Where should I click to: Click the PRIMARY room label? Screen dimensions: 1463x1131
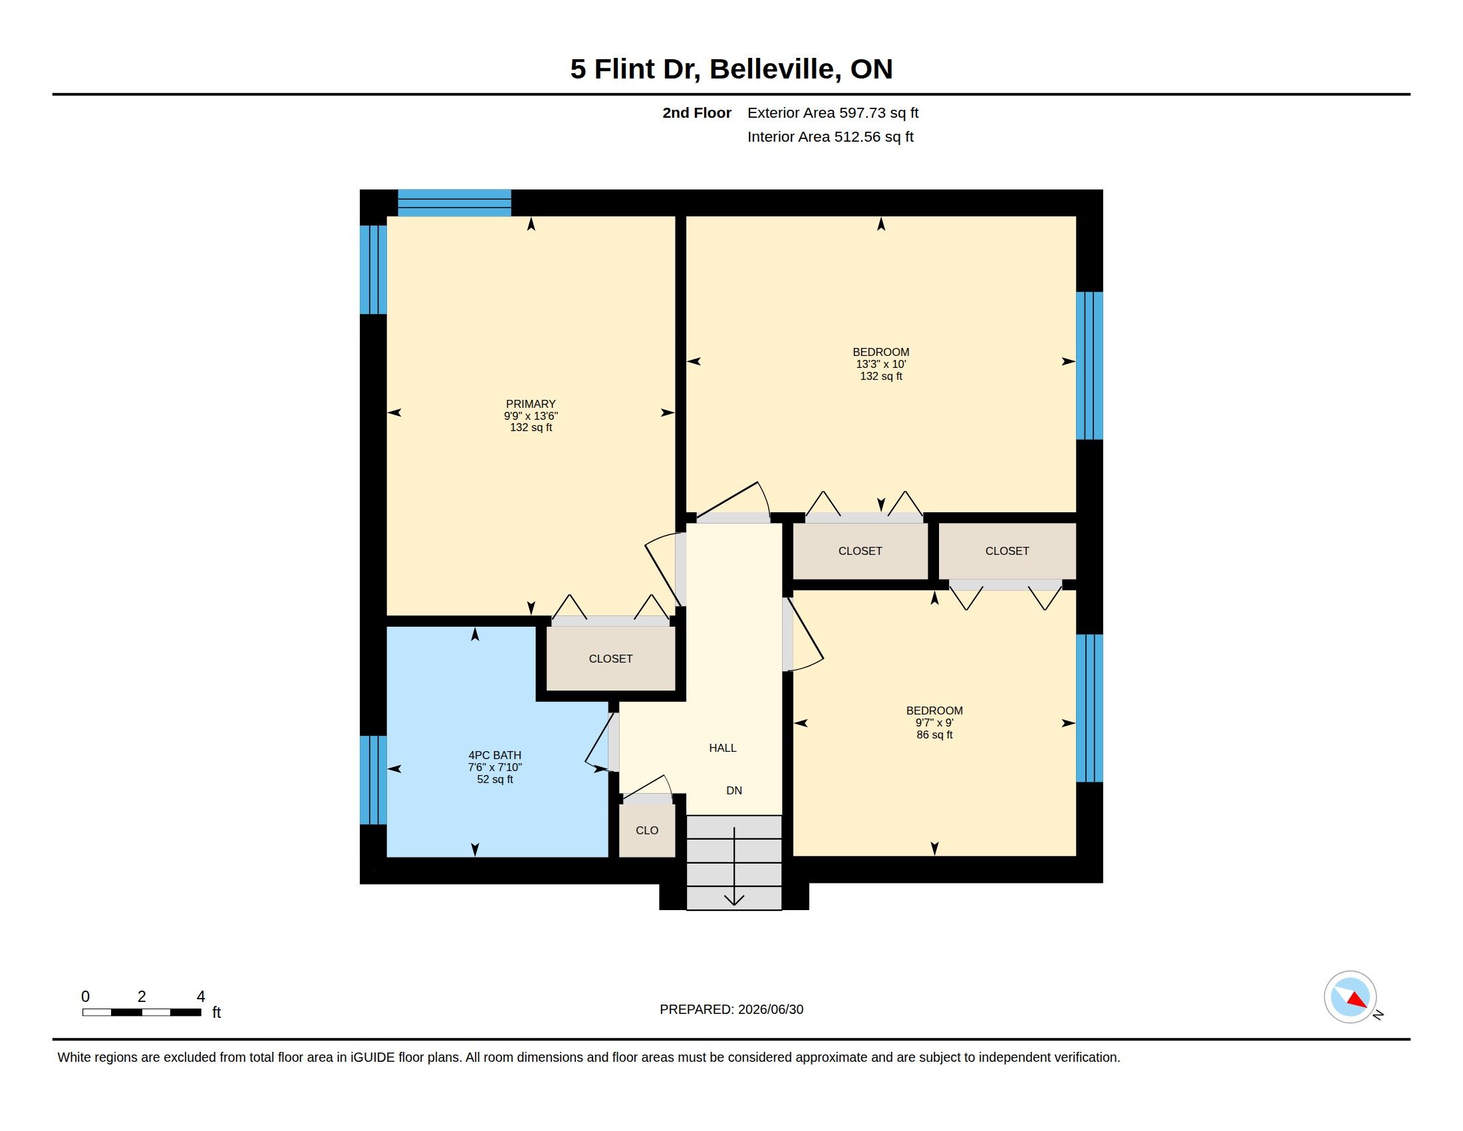[x=531, y=404]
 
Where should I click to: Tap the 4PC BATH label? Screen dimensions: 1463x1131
[x=494, y=755]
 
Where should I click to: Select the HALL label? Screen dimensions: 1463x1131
[x=723, y=748]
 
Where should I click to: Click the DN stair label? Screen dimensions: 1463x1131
[x=734, y=790]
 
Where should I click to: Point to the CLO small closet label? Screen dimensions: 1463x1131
[x=647, y=830]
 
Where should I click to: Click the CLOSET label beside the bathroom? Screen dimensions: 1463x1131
[x=610, y=659]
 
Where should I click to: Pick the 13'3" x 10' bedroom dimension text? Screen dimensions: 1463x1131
[x=881, y=365]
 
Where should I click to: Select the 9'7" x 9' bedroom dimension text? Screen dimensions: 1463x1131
[x=934, y=723]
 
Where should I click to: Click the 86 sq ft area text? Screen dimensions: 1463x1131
[x=934, y=735]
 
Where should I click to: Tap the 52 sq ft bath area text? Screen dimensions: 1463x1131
[x=495, y=779]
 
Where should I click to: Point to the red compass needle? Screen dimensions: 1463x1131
[x=1357, y=1001]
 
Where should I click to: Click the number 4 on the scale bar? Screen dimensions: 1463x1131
[x=200, y=997]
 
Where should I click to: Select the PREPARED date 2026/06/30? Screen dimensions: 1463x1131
[x=770, y=1009]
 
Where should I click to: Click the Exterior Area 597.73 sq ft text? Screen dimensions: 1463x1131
[x=833, y=112]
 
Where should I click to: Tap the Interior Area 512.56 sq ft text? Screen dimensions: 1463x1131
[x=830, y=136]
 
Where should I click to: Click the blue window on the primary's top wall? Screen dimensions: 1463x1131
[x=454, y=203]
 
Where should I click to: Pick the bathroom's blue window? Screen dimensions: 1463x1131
[x=373, y=780]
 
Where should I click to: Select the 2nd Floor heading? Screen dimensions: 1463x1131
[x=697, y=112]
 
